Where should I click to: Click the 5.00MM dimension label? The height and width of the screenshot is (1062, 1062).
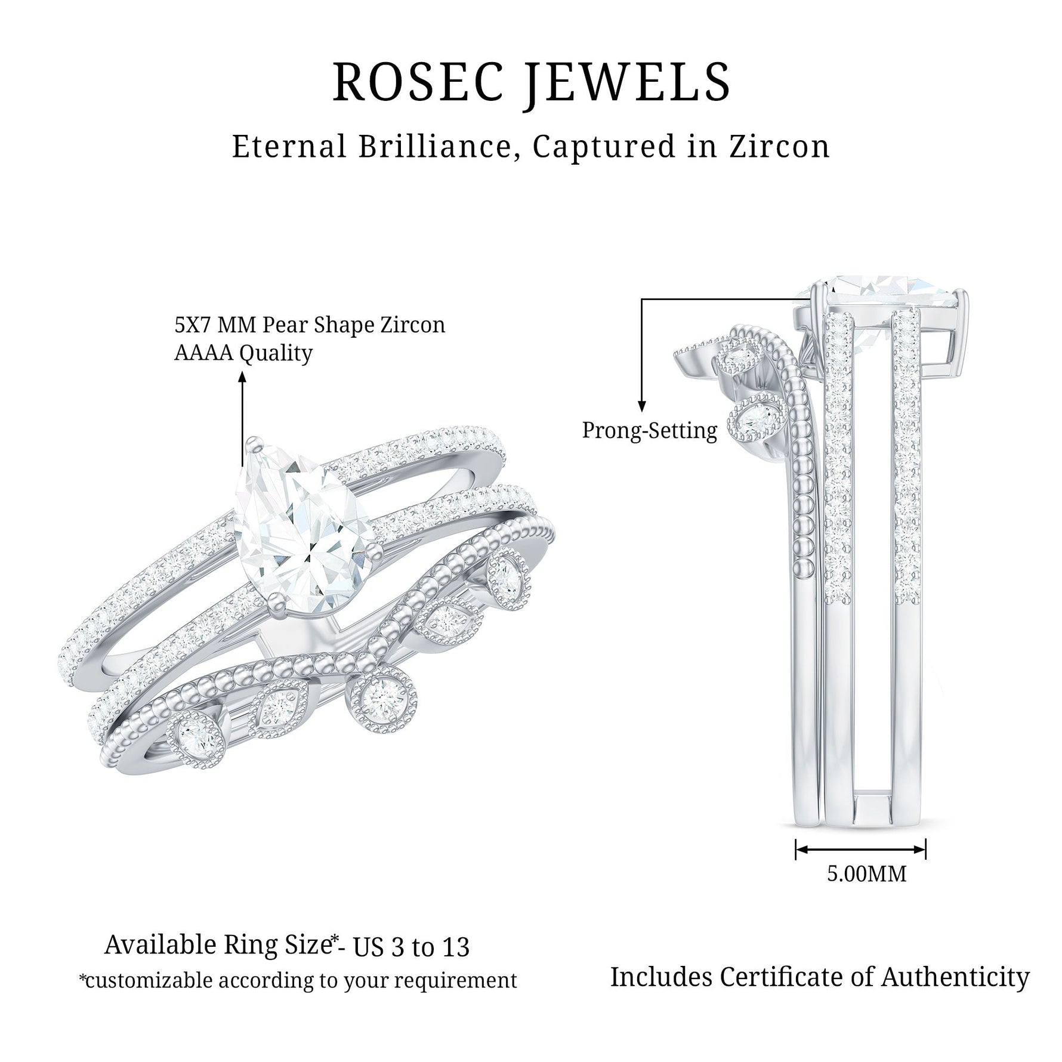click(866, 873)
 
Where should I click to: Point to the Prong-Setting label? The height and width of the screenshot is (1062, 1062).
click(649, 430)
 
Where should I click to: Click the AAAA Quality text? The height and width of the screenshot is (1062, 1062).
click(243, 353)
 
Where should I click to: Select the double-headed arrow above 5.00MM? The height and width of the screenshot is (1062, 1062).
click(860, 849)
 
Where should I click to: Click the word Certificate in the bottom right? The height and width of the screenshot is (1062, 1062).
click(796, 977)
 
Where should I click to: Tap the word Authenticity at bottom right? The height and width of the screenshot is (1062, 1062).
click(955, 977)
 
